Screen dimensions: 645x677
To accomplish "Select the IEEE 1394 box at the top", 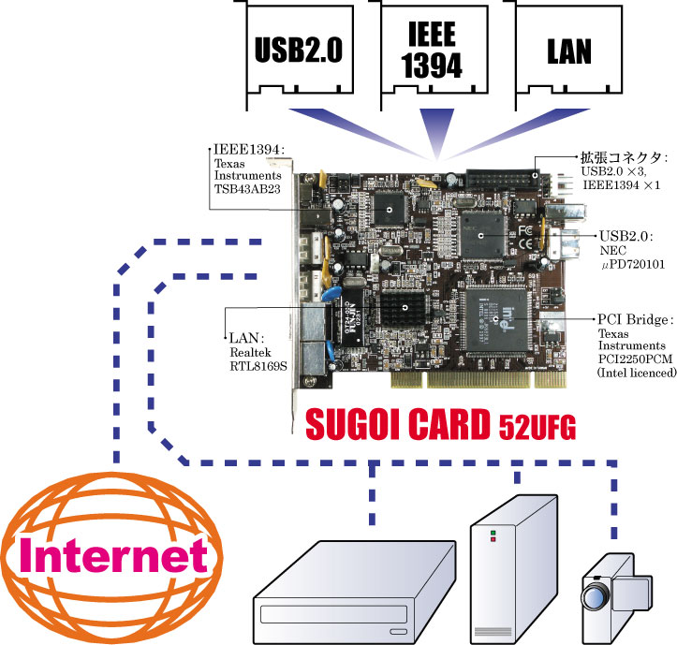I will point(432,50).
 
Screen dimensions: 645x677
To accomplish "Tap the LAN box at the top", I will point(569,50).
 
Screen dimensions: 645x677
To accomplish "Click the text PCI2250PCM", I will point(637,359).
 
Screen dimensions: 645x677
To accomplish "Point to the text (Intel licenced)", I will point(637,372).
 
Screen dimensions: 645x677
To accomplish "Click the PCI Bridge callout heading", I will point(634,319).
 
